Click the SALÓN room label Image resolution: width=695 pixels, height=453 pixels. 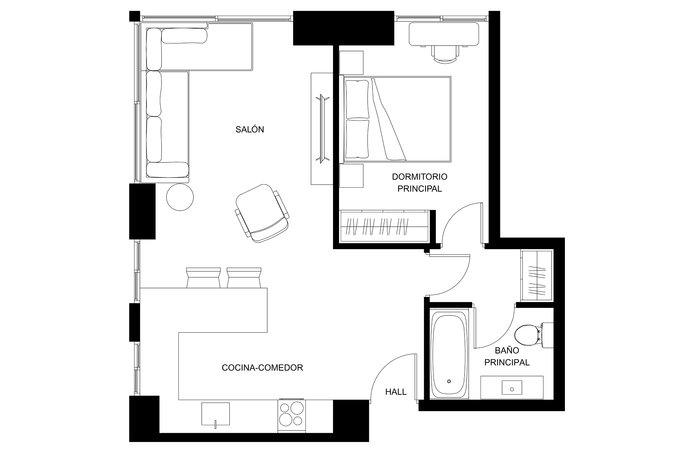click(250, 129)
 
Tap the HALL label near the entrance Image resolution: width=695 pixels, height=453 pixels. click(396, 392)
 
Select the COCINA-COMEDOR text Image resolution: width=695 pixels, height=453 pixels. click(262, 368)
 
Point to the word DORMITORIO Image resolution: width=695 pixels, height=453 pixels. click(419, 176)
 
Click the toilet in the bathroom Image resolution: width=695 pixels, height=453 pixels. click(534, 335)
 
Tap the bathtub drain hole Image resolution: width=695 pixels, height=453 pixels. click(449, 381)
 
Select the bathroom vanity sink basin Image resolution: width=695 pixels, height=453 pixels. click(512, 388)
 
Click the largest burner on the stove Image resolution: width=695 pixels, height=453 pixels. click(297, 408)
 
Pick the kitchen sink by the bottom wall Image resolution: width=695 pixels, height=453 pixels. click(215, 414)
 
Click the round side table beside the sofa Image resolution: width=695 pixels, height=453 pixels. click(180, 197)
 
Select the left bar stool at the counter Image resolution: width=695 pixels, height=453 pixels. click(203, 278)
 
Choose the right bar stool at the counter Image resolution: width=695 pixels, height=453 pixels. click(244, 278)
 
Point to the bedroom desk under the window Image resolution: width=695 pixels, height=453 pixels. click(444, 34)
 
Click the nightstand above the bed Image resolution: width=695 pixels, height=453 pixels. click(351, 63)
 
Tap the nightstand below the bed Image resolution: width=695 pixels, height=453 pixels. click(351, 176)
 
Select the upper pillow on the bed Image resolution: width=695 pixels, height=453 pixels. click(357, 99)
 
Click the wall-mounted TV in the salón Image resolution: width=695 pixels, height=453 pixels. click(322, 129)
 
